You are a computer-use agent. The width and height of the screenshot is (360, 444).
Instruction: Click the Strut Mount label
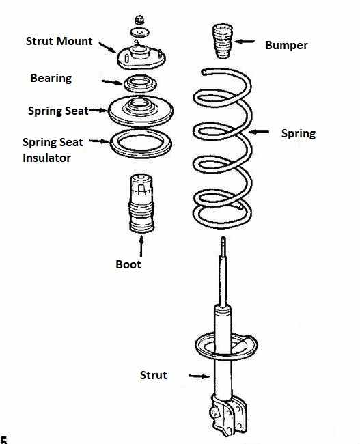click(x=59, y=42)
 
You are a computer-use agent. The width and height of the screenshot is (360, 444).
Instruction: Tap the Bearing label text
click(x=51, y=79)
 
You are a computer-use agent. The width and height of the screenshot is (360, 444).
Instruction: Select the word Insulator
click(x=46, y=158)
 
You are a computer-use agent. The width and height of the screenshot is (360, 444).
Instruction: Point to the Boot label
click(x=128, y=264)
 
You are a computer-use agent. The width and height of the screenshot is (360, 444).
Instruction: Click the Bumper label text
click(x=286, y=46)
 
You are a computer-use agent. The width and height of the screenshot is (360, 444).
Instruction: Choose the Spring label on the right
click(x=299, y=134)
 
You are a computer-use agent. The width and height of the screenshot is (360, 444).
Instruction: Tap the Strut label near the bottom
click(x=153, y=375)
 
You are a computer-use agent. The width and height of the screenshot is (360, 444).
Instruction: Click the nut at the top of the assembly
click(x=139, y=20)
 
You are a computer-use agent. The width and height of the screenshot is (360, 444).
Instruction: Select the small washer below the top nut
click(x=140, y=32)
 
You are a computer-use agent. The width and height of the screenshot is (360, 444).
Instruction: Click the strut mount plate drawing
click(x=141, y=57)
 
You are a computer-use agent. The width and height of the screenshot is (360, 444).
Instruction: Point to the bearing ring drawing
click(x=140, y=84)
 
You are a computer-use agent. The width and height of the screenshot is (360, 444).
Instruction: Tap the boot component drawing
click(x=141, y=203)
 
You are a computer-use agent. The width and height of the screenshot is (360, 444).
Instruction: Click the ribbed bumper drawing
click(x=223, y=42)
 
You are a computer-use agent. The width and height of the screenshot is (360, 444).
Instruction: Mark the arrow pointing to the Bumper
click(x=245, y=42)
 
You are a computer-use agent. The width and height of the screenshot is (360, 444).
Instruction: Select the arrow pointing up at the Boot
click(x=141, y=246)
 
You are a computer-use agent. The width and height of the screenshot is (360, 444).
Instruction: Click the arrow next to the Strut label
click(x=199, y=376)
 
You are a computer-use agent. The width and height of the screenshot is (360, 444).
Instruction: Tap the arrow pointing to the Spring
click(x=259, y=132)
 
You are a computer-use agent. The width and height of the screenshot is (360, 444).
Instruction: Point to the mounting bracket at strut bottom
click(x=228, y=415)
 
